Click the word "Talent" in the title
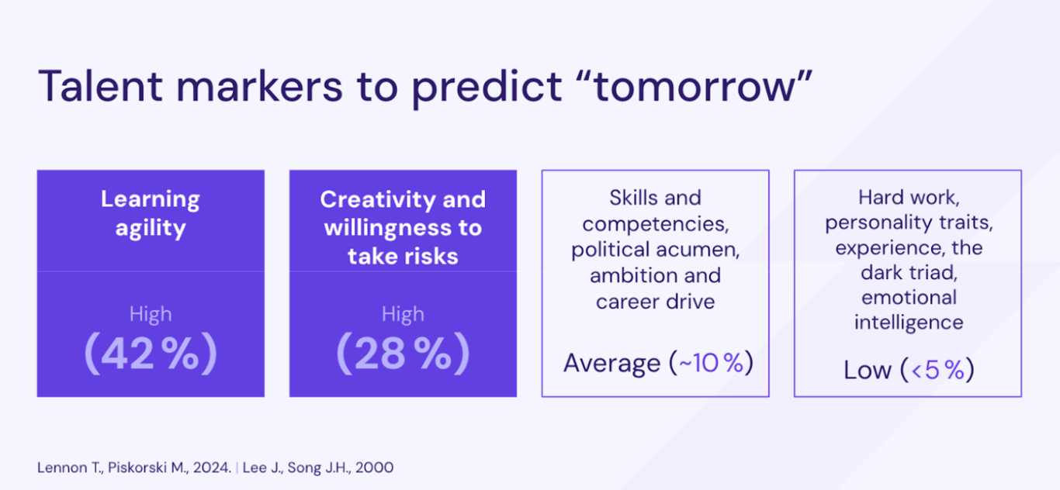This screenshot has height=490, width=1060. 100,85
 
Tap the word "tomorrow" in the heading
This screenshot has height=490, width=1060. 694,87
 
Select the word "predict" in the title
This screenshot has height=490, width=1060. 487,88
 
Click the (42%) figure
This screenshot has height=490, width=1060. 151,354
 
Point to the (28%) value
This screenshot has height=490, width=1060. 403,354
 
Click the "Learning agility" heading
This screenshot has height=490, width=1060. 151,214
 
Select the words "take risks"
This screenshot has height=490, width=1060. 403,257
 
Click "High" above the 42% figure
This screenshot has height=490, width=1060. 151,315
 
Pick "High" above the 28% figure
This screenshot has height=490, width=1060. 403,315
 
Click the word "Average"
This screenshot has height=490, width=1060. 611,364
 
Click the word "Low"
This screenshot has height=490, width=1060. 867,370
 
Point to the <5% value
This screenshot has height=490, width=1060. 937,370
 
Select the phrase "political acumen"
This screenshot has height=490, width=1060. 656,250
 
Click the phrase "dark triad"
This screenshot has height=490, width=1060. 909,272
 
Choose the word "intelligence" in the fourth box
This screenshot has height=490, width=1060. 909,323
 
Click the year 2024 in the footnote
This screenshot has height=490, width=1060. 212,468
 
